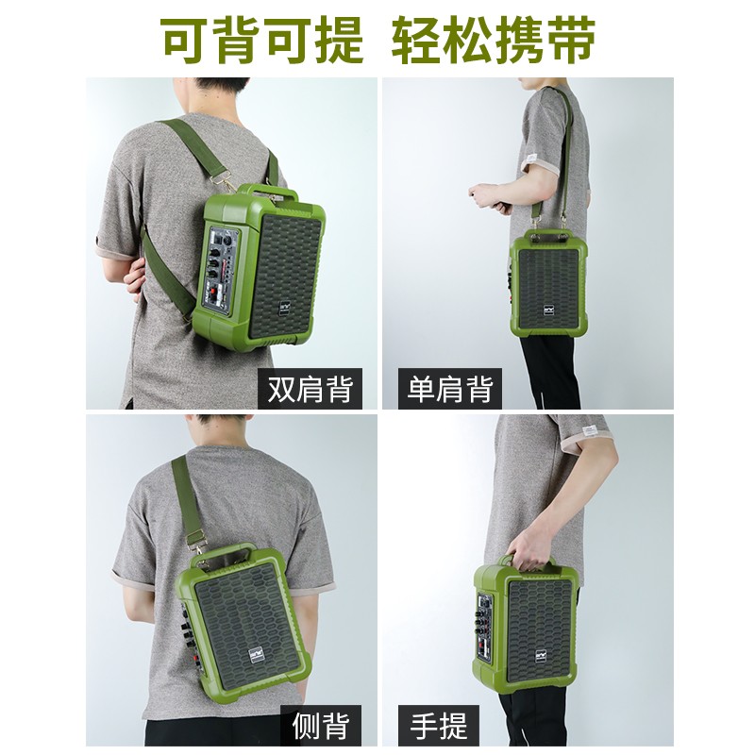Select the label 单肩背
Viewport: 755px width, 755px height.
(450, 389)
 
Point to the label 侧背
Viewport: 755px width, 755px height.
(321, 725)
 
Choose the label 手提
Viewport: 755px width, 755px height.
(439, 725)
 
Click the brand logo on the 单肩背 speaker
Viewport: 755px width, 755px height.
(549, 309)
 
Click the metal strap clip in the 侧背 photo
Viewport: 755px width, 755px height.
(195, 542)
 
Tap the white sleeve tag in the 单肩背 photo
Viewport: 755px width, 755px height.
(534, 155)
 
